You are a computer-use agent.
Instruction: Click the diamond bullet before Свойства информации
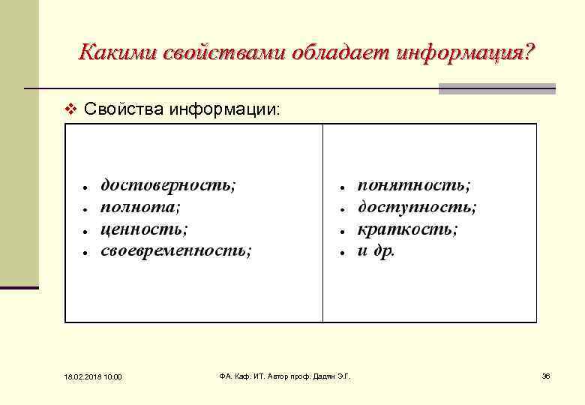(x=71, y=110)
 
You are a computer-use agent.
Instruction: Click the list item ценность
(x=144, y=229)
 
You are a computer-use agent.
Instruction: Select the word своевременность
(x=176, y=250)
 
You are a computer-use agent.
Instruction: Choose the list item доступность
(x=417, y=207)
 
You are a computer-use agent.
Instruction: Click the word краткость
(x=407, y=229)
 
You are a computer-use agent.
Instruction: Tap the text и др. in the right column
(x=376, y=250)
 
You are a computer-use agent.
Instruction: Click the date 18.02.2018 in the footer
(x=73, y=376)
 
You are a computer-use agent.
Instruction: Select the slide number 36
(x=546, y=376)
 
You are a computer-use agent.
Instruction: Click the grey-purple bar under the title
(x=496, y=88)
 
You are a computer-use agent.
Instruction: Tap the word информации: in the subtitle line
(x=226, y=109)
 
